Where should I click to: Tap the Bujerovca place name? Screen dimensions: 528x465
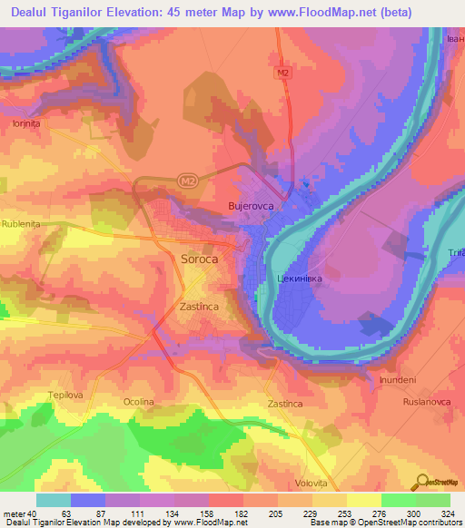tap(251, 207)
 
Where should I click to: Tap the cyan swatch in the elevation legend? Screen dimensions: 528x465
tap(54, 500)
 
